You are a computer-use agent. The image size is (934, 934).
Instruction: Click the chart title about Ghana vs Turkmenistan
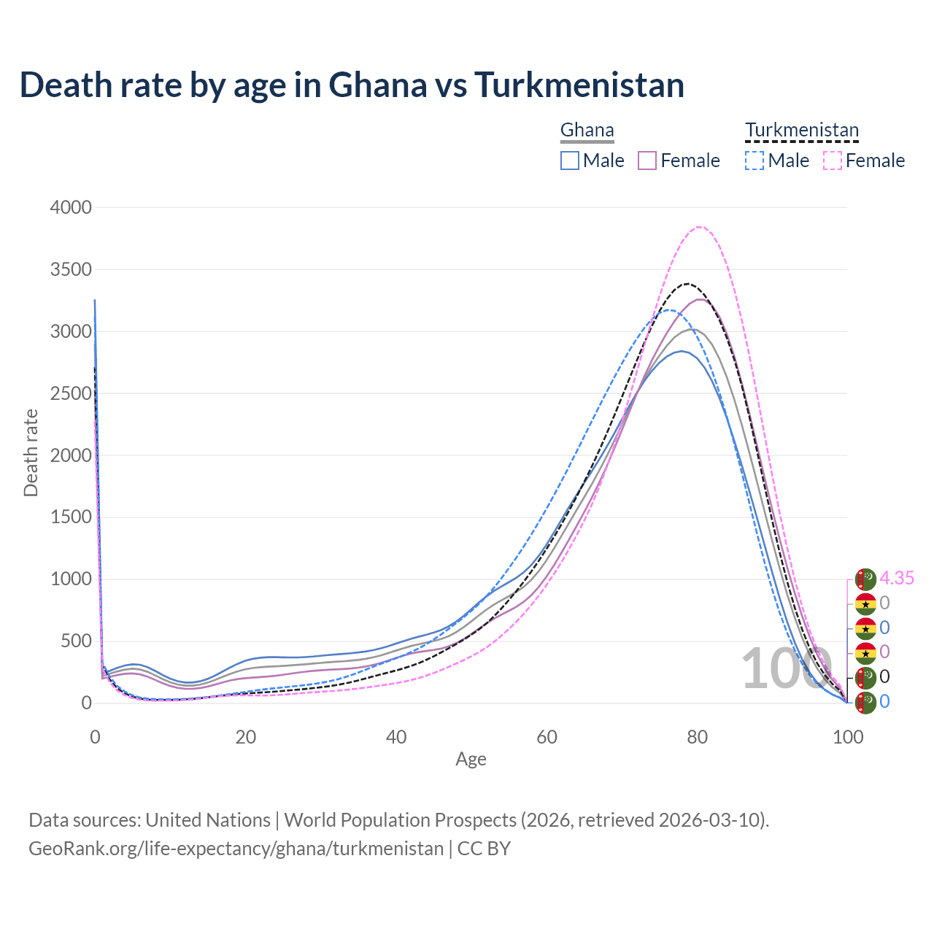(352, 85)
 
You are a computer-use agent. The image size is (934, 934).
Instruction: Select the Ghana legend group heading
(587, 131)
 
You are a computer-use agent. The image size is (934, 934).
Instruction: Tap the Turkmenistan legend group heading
(801, 131)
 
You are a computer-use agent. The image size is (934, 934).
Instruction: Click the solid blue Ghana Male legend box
(570, 161)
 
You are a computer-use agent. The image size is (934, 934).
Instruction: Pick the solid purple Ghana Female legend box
(647, 161)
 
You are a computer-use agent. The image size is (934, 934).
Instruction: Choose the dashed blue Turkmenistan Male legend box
(754, 161)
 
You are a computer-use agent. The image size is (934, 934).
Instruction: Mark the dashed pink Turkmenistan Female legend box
(833, 161)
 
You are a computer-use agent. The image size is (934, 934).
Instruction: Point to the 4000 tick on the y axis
(71, 207)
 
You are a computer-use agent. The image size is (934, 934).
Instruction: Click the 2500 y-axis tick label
(71, 393)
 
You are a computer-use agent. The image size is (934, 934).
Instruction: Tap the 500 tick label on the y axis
(75, 641)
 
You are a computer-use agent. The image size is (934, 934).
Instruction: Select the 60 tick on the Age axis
(547, 737)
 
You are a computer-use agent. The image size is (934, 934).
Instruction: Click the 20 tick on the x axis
(246, 737)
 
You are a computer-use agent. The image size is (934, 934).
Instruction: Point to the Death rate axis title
(31, 452)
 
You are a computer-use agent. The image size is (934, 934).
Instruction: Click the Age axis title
(471, 759)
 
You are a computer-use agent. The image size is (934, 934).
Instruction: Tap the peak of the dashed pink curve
(699, 227)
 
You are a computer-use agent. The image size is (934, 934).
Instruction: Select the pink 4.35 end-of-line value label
(897, 578)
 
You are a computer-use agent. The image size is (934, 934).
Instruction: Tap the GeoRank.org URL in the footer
(236, 849)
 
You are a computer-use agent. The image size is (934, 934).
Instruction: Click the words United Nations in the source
(208, 820)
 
